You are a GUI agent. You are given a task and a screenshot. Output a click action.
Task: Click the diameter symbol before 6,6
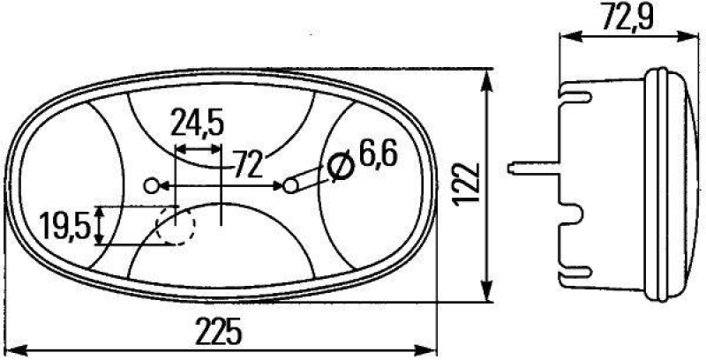pyautogui.click(x=339, y=164)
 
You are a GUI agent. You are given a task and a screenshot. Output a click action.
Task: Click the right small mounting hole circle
pyautogui.click(x=290, y=185)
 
